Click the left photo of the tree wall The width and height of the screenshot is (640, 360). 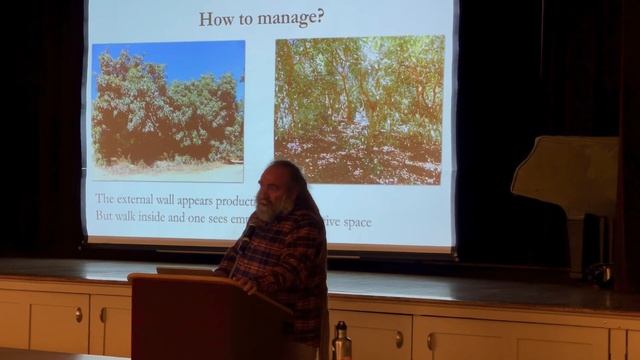click(168, 110)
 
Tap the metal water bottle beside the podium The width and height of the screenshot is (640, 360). click(341, 342)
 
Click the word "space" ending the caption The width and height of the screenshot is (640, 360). click(353, 221)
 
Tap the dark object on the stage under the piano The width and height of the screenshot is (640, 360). click(600, 272)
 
